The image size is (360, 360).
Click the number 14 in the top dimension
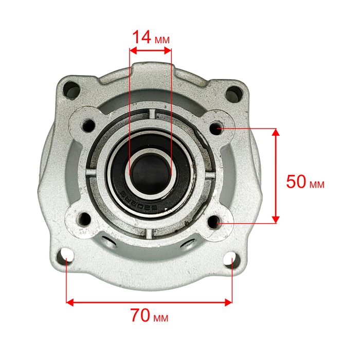coord(141,37)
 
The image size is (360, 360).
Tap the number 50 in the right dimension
coord(296,182)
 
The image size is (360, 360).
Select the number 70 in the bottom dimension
coord(140,315)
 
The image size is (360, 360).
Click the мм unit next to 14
coord(162,40)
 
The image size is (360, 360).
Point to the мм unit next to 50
coord(317,184)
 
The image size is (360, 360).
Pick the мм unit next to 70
coord(160,318)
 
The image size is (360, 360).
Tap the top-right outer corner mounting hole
coord(234,93)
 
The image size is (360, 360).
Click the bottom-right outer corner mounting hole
coord(232,259)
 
